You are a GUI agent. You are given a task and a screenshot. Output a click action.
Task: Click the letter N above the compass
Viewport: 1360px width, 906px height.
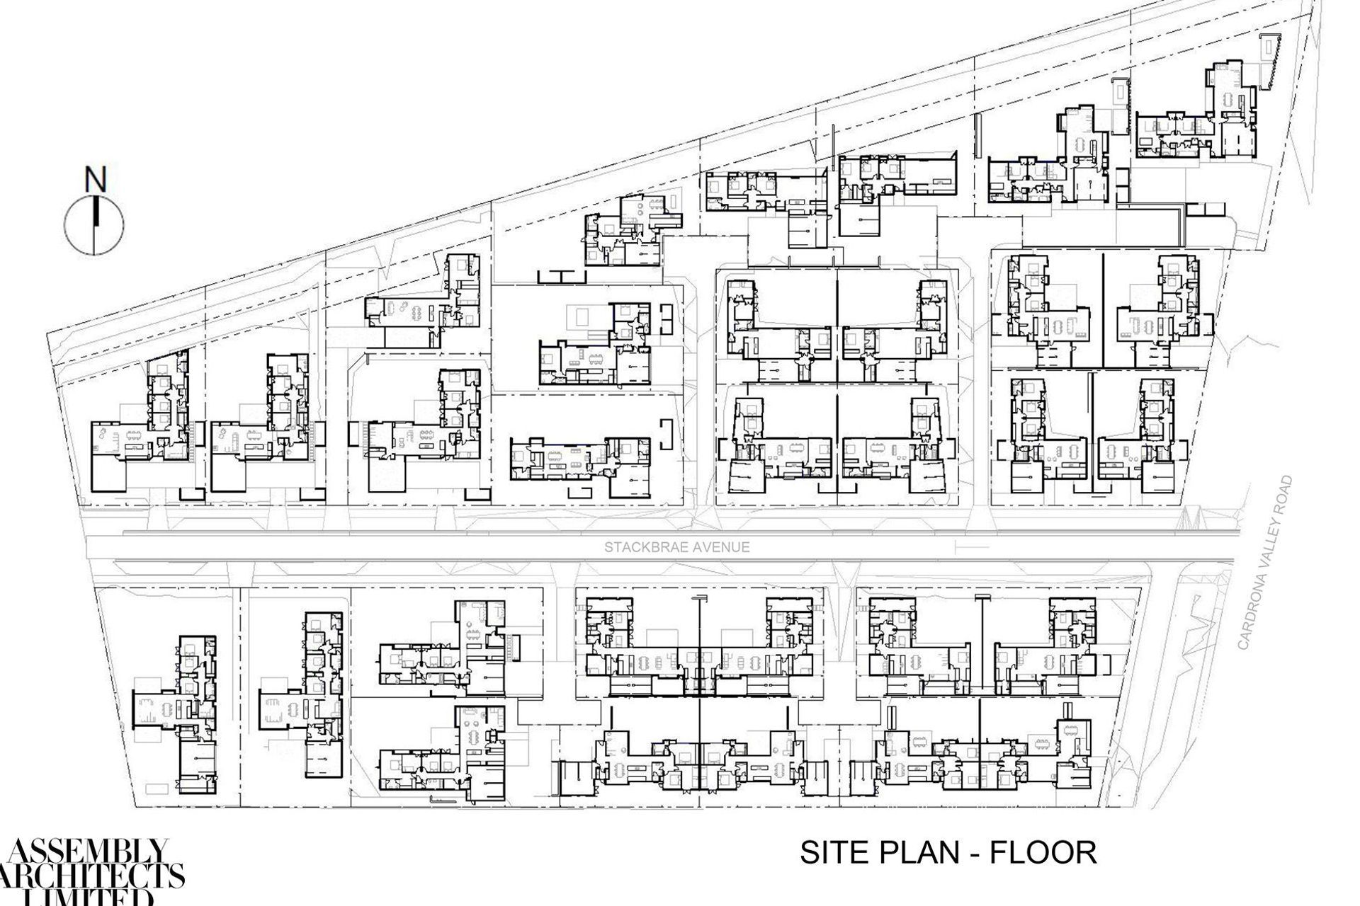[x=95, y=180]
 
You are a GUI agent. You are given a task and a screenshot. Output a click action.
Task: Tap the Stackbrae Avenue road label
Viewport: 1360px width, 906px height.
[x=676, y=547]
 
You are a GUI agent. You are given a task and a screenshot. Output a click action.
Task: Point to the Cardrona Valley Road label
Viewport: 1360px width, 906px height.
[x=1266, y=563]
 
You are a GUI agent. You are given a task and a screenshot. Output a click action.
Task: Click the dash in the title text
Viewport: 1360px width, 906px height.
[x=973, y=853]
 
